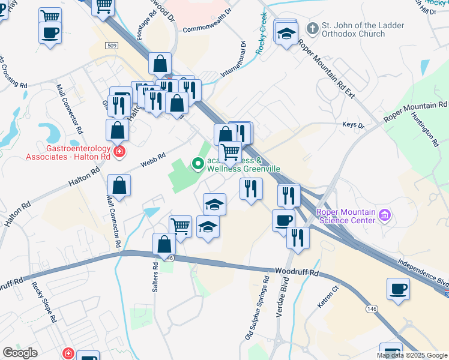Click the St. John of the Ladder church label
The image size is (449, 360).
coord(362,30)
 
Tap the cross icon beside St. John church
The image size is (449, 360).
coord(312,28)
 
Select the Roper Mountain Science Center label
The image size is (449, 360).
coord(346,215)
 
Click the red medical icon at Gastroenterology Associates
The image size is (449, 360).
coord(119,152)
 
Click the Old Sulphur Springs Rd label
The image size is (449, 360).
coord(257,308)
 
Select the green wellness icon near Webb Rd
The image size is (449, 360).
coord(197,163)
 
